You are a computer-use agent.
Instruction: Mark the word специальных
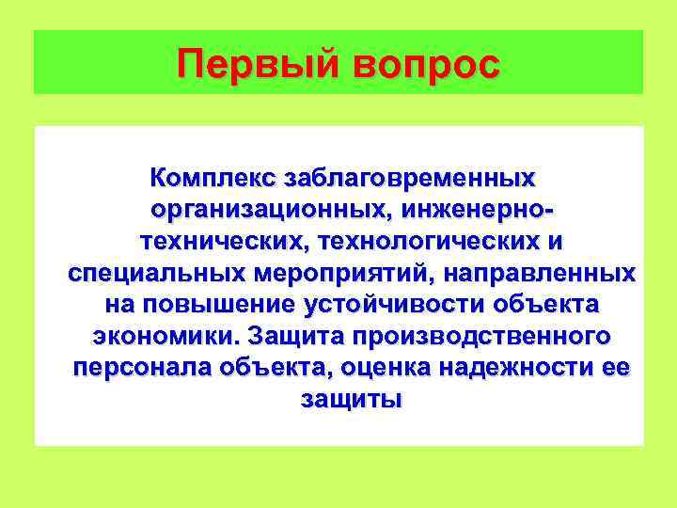(156, 274)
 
